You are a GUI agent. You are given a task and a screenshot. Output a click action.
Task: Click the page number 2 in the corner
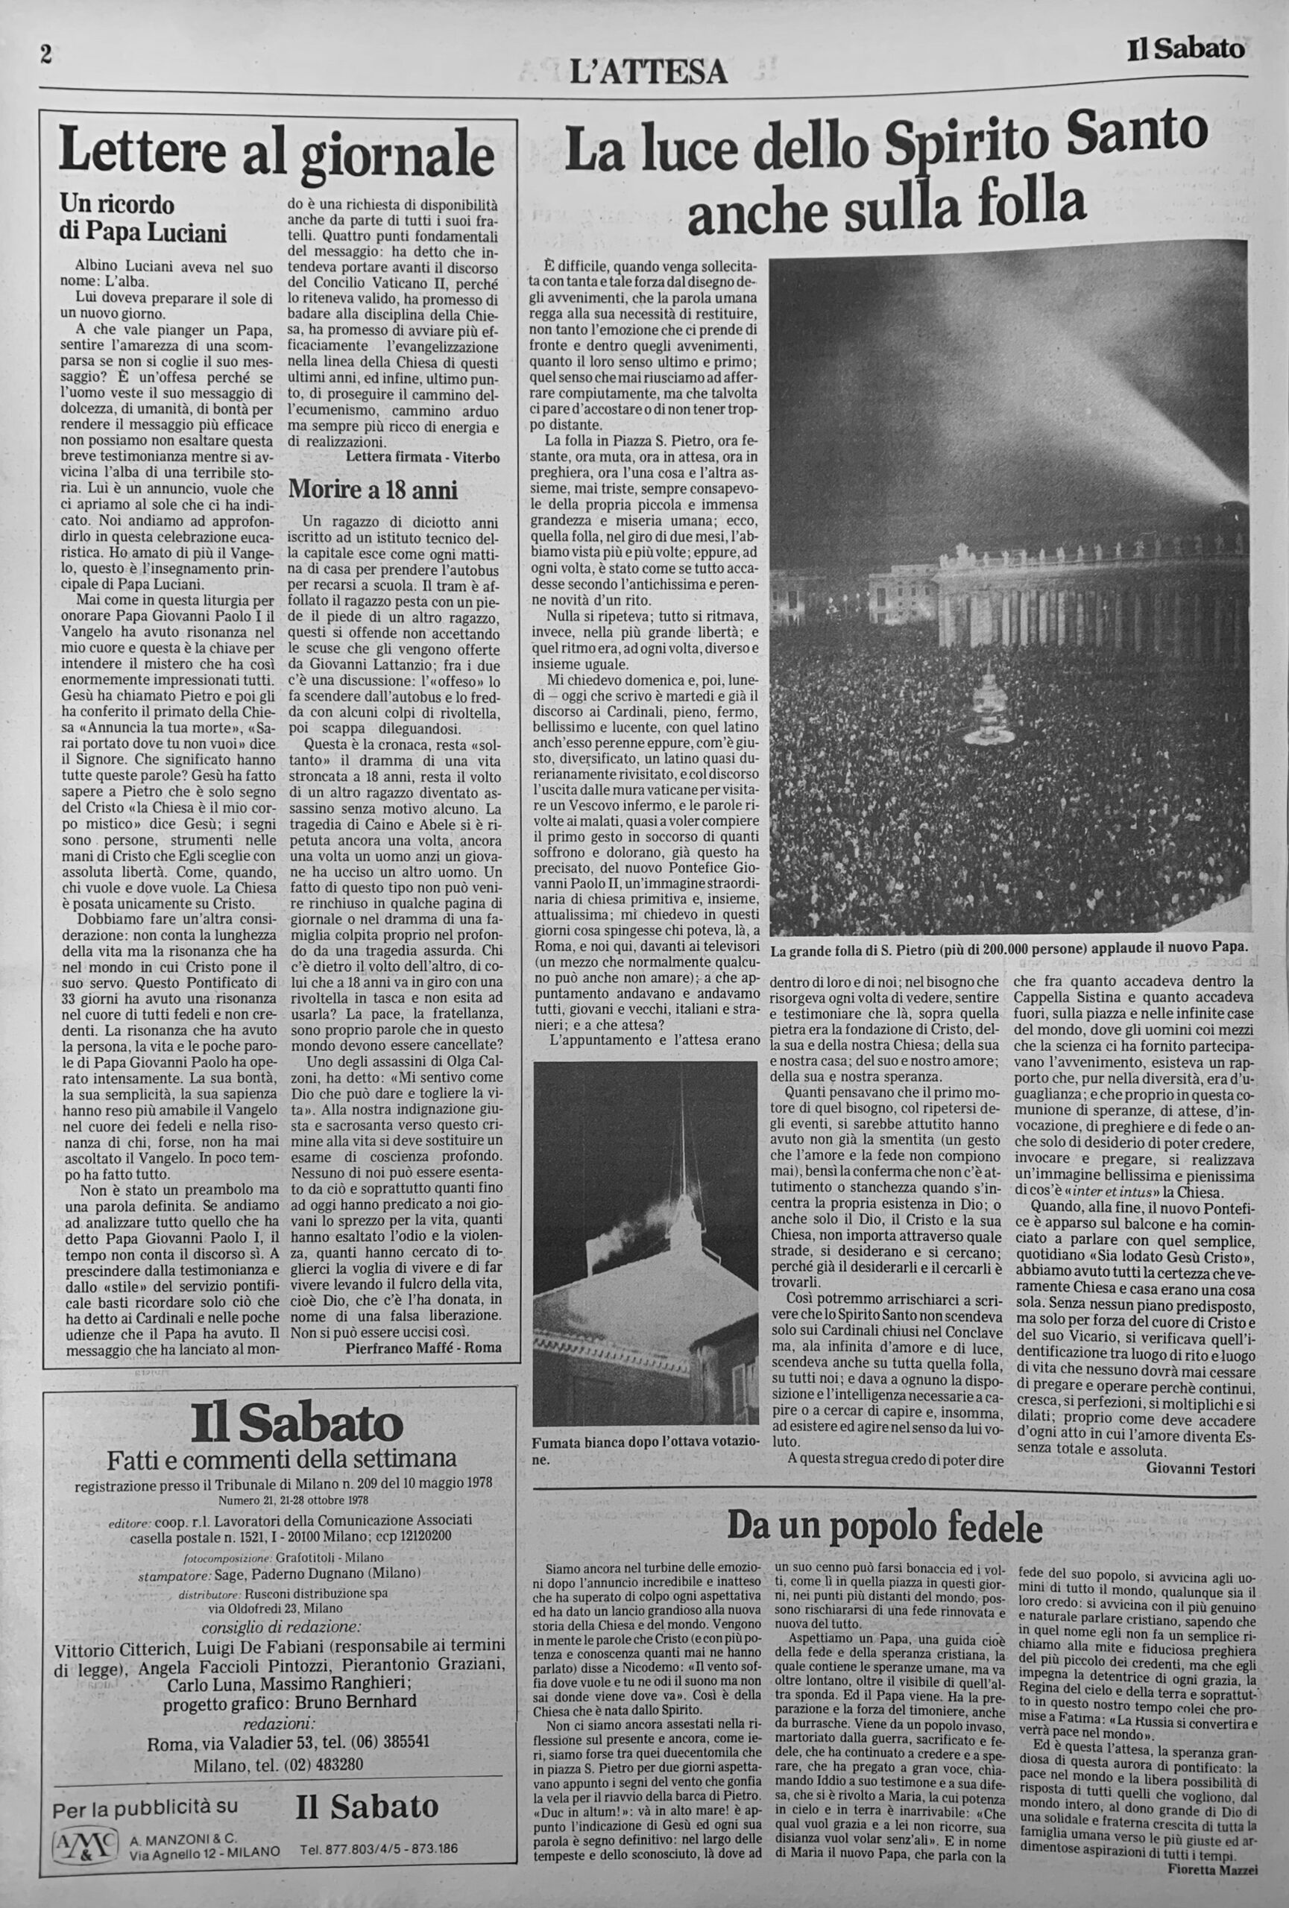click(46, 54)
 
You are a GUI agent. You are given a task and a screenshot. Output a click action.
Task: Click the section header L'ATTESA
click(649, 73)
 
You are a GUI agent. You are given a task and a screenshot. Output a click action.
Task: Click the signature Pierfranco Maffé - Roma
click(423, 1348)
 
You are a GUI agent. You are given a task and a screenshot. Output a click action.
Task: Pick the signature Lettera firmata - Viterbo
click(423, 455)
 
